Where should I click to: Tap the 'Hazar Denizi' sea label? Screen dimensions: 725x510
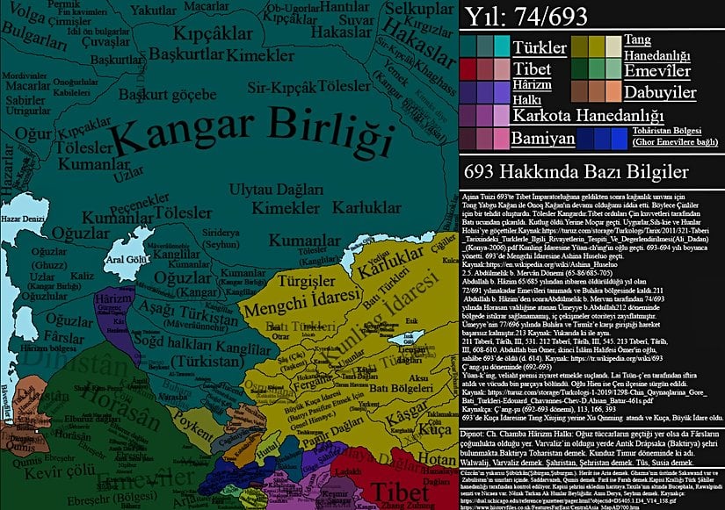pos(22,215)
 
